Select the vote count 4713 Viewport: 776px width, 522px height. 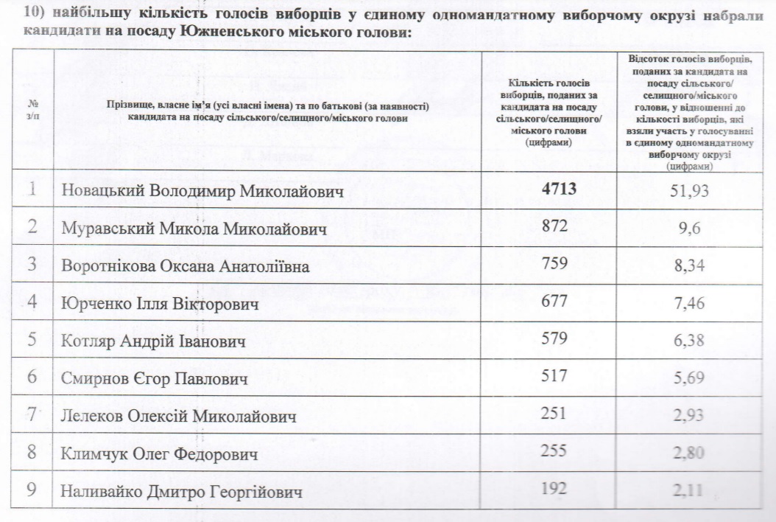[558, 189]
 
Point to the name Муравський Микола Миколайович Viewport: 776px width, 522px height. [194, 229]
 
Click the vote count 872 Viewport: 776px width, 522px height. [554, 227]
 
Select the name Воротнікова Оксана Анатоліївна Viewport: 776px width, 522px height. [195, 266]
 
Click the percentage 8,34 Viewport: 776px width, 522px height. [690, 265]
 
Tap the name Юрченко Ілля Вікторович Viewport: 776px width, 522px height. [160, 304]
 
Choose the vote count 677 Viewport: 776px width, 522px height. [554, 302]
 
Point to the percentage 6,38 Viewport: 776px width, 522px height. [689, 341]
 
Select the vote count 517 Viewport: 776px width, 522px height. [554, 377]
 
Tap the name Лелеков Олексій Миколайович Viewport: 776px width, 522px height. [179, 417]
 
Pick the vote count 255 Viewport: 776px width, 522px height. [554, 452]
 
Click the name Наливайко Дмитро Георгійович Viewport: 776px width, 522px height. [182, 492]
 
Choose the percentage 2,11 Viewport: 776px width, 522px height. [689, 490]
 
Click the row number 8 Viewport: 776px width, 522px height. [32, 453]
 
